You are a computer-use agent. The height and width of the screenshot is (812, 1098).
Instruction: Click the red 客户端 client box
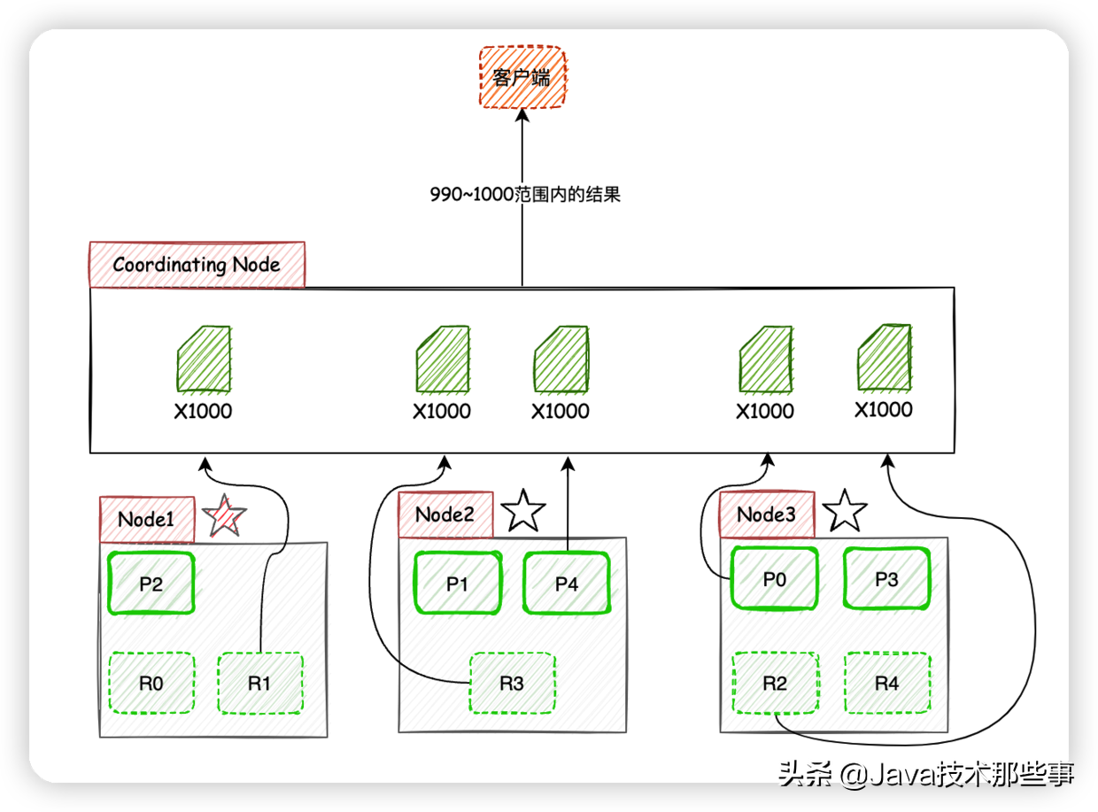(522, 77)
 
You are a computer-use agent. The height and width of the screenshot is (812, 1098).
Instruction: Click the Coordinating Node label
(197, 265)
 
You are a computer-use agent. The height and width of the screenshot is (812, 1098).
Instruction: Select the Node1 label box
(146, 519)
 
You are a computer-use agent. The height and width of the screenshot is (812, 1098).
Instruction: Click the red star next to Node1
(224, 515)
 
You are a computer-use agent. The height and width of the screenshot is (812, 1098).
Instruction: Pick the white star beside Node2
(523, 511)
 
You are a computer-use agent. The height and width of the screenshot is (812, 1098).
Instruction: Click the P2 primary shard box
(151, 583)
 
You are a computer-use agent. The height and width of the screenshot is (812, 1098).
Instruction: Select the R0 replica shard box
(151, 683)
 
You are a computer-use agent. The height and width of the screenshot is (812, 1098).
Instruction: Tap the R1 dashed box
(259, 683)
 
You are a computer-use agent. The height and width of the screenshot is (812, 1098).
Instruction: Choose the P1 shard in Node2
(457, 583)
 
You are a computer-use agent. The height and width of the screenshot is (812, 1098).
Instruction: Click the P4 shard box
(567, 583)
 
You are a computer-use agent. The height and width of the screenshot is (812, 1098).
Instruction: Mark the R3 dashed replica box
(512, 683)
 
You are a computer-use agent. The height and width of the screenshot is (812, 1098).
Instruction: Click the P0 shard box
(774, 578)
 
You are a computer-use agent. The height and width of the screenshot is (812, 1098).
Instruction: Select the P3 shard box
(886, 578)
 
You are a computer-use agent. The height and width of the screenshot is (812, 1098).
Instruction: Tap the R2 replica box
(774, 683)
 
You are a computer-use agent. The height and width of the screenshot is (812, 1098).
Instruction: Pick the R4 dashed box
(886, 683)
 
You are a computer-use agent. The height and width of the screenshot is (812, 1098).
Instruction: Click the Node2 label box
(445, 514)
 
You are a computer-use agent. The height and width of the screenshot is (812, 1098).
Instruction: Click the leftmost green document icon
(204, 360)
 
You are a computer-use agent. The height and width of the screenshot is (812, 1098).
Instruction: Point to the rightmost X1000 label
(883, 410)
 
